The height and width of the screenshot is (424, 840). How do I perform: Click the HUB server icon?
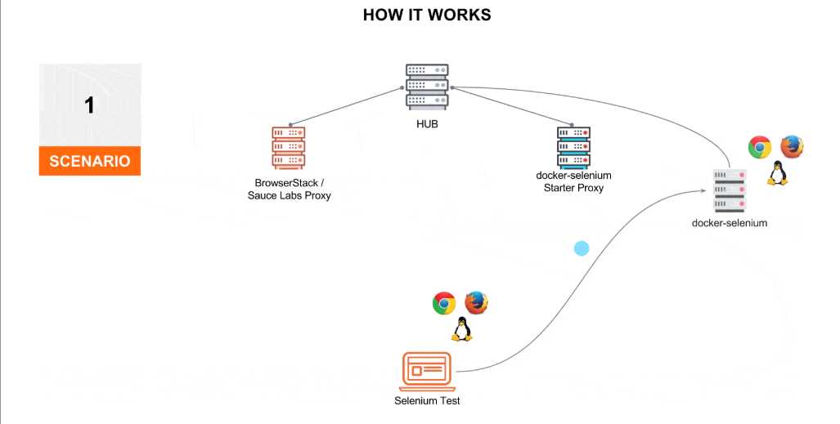coord(426,87)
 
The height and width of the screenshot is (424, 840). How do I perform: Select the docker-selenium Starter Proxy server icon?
coord(573,147)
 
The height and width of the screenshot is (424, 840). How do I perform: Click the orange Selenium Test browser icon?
coord(427,372)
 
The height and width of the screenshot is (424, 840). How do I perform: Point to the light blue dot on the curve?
coord(582,248)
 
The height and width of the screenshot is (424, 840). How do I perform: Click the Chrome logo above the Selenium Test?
coord(444,303)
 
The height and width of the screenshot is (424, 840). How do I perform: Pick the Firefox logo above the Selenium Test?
coord(476,303)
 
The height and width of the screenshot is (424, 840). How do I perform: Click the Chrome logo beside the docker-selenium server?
coord(760,147)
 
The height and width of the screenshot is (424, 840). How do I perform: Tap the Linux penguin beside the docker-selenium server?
coord(776,173)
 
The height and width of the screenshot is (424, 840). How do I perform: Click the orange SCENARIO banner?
coord(89,160)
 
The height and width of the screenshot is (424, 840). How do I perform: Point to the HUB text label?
coord(427,125)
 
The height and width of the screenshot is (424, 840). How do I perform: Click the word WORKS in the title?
coord(460,16)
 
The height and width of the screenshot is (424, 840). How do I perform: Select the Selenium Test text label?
coord(427,401)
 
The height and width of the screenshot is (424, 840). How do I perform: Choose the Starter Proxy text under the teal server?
coord(573,188)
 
